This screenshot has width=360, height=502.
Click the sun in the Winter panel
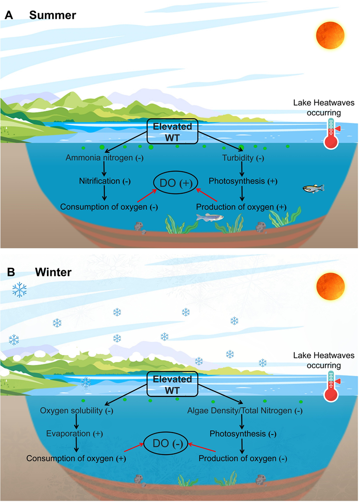pyautogui.click(x=330, y=289)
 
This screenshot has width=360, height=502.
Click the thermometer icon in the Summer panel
pyautogui.click(x=331, y=134)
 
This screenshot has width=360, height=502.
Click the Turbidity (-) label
pyautogui.click(x=243, y=158)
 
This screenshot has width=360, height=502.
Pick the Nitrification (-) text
pyautogui.click(x=103, y=181)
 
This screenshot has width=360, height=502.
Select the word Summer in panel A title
pyautogui.click(x=53, y=15)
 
